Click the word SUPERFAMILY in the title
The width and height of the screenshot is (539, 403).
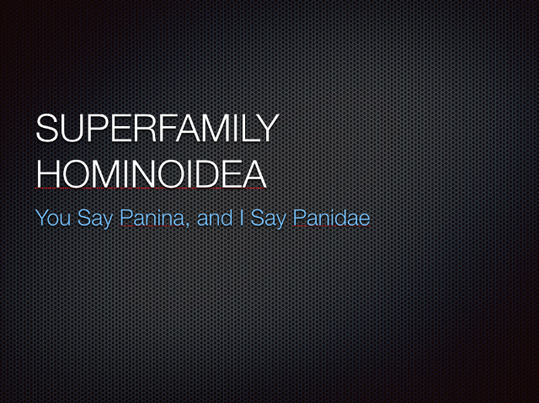point(157,128)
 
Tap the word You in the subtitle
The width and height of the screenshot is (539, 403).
point(53,218)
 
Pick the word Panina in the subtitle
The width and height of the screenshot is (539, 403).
point(152,218)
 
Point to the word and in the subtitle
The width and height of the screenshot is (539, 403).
point(215,218)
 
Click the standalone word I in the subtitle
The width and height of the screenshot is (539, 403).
point(242,218)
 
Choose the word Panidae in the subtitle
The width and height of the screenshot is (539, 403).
point(331,218)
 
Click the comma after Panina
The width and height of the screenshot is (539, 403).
point(187,225)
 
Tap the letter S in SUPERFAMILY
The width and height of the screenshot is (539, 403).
point(46,128)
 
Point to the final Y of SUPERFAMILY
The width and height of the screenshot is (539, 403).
point(267,128)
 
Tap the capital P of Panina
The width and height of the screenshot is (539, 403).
point(125,218)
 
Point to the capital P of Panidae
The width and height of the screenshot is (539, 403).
point(299,218)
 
